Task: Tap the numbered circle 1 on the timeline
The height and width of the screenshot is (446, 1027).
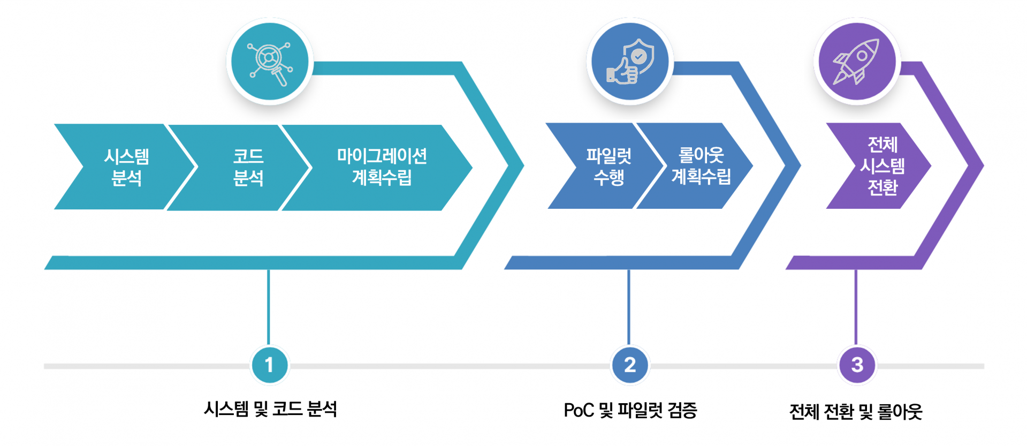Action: tap(269, 365)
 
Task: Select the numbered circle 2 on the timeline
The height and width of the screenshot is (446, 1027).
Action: tap(630, 365)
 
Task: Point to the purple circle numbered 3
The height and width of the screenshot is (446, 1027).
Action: tap(857, 365)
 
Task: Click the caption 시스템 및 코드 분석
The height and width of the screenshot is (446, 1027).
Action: tap(270, 410)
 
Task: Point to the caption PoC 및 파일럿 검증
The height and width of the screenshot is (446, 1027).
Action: tap(630, 411)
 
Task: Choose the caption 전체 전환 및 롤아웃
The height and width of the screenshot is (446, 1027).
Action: tap(856, 412)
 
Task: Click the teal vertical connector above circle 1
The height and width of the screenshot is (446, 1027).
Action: tap(268, 308)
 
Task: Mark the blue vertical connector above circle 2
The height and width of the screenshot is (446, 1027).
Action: tap(629, 308)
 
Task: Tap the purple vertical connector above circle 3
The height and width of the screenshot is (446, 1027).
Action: tap(856, 308)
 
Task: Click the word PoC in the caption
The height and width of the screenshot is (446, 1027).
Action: tap(579, 411)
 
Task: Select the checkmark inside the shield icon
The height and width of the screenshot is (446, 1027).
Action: tap(638, 56)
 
